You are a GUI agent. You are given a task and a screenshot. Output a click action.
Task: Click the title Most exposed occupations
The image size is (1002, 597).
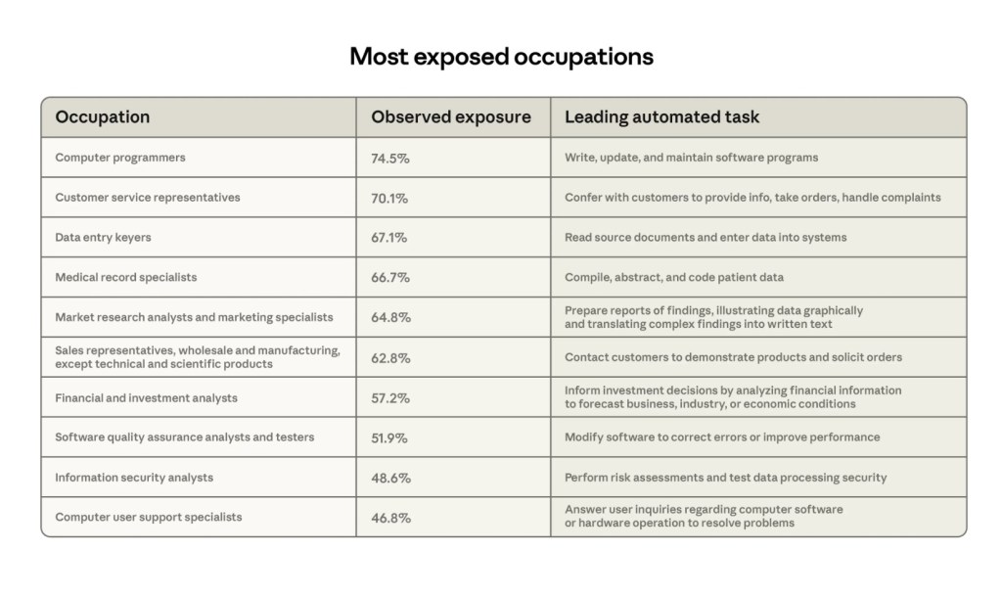tap(501, 57)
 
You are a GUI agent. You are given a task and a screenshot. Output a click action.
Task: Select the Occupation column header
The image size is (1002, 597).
tap(103, 117)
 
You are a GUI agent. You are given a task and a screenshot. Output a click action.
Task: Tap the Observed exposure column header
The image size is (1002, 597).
tap(450, 117)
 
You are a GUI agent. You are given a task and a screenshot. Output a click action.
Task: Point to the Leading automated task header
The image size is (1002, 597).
tap(661, 117)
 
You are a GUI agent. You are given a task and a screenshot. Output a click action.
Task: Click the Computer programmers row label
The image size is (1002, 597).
tap(120, 158)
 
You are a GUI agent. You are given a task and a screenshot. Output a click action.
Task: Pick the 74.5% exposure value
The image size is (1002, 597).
tap(389, 158)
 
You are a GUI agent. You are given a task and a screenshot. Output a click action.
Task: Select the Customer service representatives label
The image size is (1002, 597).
tap(148, 198)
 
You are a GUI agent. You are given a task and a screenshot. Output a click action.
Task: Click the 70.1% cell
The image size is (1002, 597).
tap(389, 198)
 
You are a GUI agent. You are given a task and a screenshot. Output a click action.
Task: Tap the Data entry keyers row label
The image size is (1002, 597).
tap(103, 238)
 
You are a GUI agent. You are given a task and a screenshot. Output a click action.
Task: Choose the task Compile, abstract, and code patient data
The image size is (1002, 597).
tap(674, 278)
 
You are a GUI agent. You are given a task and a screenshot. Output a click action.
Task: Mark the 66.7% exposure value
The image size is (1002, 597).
tap(390, 278)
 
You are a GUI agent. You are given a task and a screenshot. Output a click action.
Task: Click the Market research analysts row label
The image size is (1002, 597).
tap(194, 317)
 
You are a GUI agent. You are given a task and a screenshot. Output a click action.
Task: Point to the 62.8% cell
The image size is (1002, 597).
tap(390, 357)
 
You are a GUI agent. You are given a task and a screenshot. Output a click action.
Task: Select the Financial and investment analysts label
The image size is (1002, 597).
tap(146, 398)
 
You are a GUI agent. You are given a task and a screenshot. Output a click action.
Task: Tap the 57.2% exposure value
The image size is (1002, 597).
tap(390, 398)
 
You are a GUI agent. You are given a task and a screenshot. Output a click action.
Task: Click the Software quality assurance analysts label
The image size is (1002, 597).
tap(185, 437)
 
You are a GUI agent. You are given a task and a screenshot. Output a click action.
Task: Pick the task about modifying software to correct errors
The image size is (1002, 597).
tap(722, 437)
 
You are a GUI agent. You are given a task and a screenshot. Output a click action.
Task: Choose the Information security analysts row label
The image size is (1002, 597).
tap(134, 478)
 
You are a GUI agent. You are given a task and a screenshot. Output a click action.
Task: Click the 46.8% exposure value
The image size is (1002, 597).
tap(390, 518)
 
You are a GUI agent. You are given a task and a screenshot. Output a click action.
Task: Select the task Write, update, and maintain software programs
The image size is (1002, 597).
tap(691, 158)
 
